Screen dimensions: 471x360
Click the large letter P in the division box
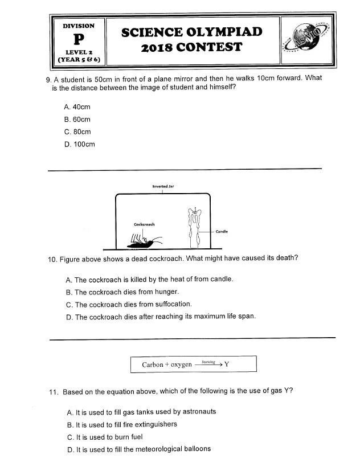(79, 39)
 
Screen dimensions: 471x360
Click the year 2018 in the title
(157, 48)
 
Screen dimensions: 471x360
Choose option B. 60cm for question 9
(78, 120)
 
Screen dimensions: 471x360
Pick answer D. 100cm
(80, 145)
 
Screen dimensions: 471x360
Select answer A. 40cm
(78, 107)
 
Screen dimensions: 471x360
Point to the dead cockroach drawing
(142, 243)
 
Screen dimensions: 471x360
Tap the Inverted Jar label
(163, 186)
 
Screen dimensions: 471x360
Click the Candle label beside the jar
(222, 232)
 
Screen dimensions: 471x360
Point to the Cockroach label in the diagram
(144, 224)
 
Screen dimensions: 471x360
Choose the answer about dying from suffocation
(129, 305)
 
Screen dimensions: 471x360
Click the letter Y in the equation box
(226, 364)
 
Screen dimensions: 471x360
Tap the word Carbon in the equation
(153, 364)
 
